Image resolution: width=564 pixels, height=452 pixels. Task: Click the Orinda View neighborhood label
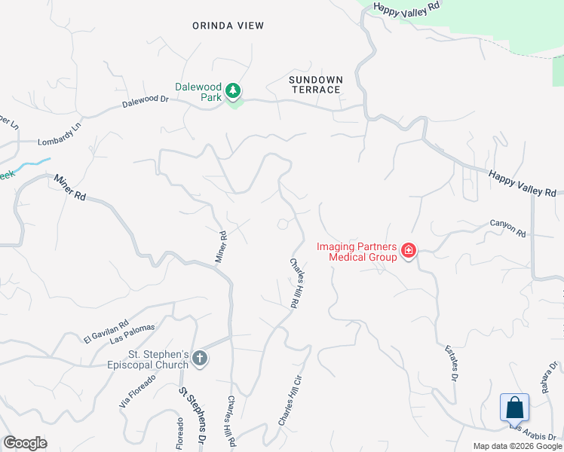(x=228, y=26)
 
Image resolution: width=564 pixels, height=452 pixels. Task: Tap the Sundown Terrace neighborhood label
(x=316, y=84)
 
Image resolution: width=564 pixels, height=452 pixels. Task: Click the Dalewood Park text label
(x=198, y=92)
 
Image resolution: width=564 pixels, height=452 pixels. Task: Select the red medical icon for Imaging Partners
(x=409, y=250)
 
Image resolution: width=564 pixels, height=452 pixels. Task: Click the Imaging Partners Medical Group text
(x=357, y=252)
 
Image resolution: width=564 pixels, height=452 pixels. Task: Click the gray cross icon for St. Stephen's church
(x=200, y=358)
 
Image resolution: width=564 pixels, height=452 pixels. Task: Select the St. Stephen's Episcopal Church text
(x=158, y=360)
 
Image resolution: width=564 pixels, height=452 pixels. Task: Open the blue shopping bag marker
(x=515, y=408)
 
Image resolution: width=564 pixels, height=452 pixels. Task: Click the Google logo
(x=25, y=443)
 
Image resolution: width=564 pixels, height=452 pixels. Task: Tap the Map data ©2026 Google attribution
(x=517, y=446)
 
